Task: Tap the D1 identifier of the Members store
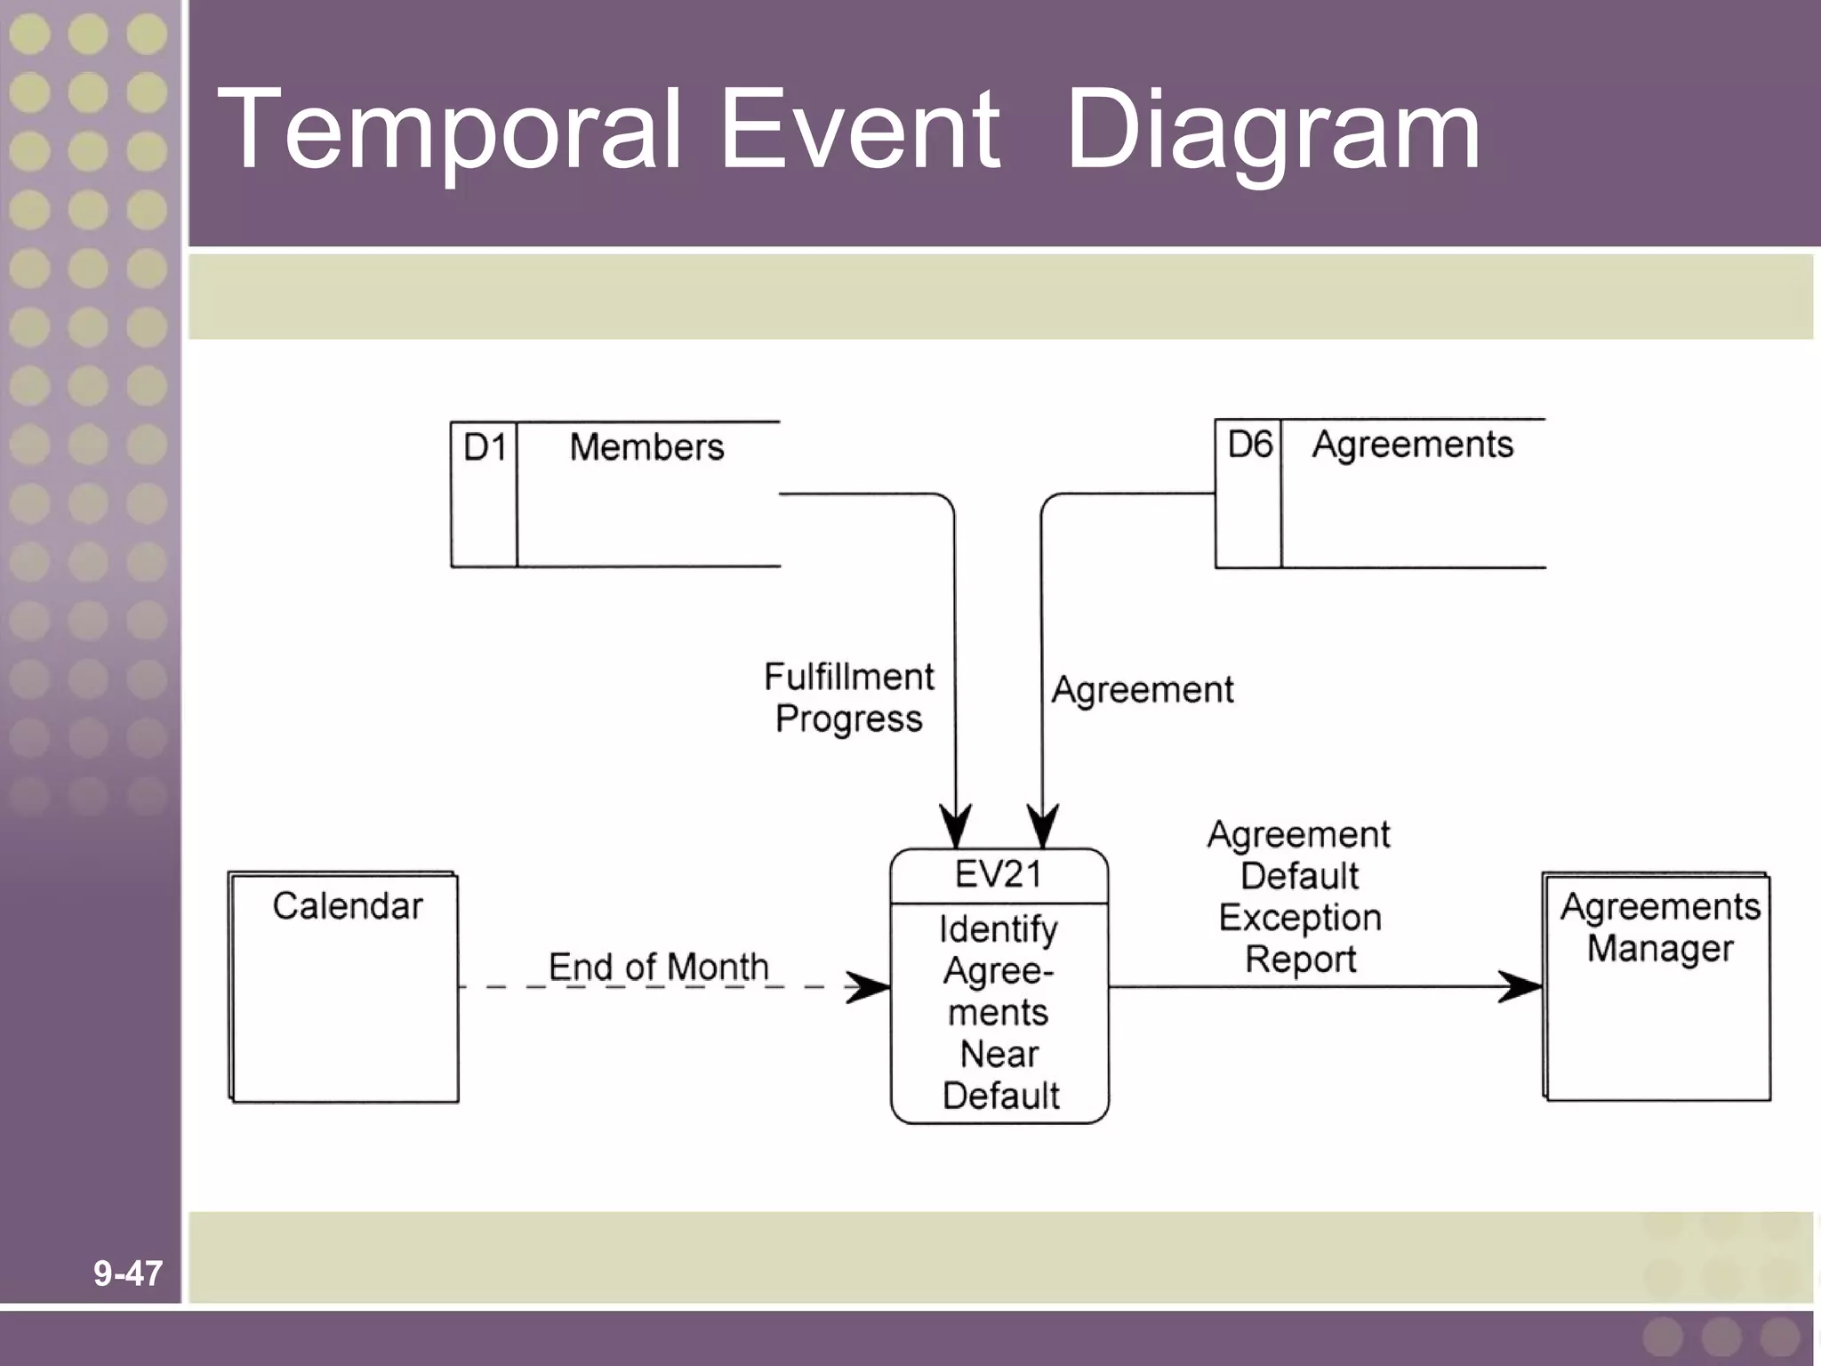point(485,447)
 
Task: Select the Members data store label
point(646,447)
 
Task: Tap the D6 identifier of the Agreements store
point(1249,444)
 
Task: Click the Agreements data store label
point(1412,445)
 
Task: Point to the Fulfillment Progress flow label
point(848,698)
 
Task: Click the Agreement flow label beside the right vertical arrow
point(1143,690)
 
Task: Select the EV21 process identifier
point(999,875)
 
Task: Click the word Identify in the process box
point(999,929)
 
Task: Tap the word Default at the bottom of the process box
point(1000,1096)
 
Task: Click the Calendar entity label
point(347,906)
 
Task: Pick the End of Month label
point(658,967)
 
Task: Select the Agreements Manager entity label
point(1659,928)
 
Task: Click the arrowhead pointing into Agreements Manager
point(1520,986)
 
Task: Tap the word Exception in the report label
point(1299,918)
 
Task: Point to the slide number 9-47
point(128,1274)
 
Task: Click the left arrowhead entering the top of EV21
point(956,827)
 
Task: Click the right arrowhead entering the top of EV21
point(1042,827)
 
